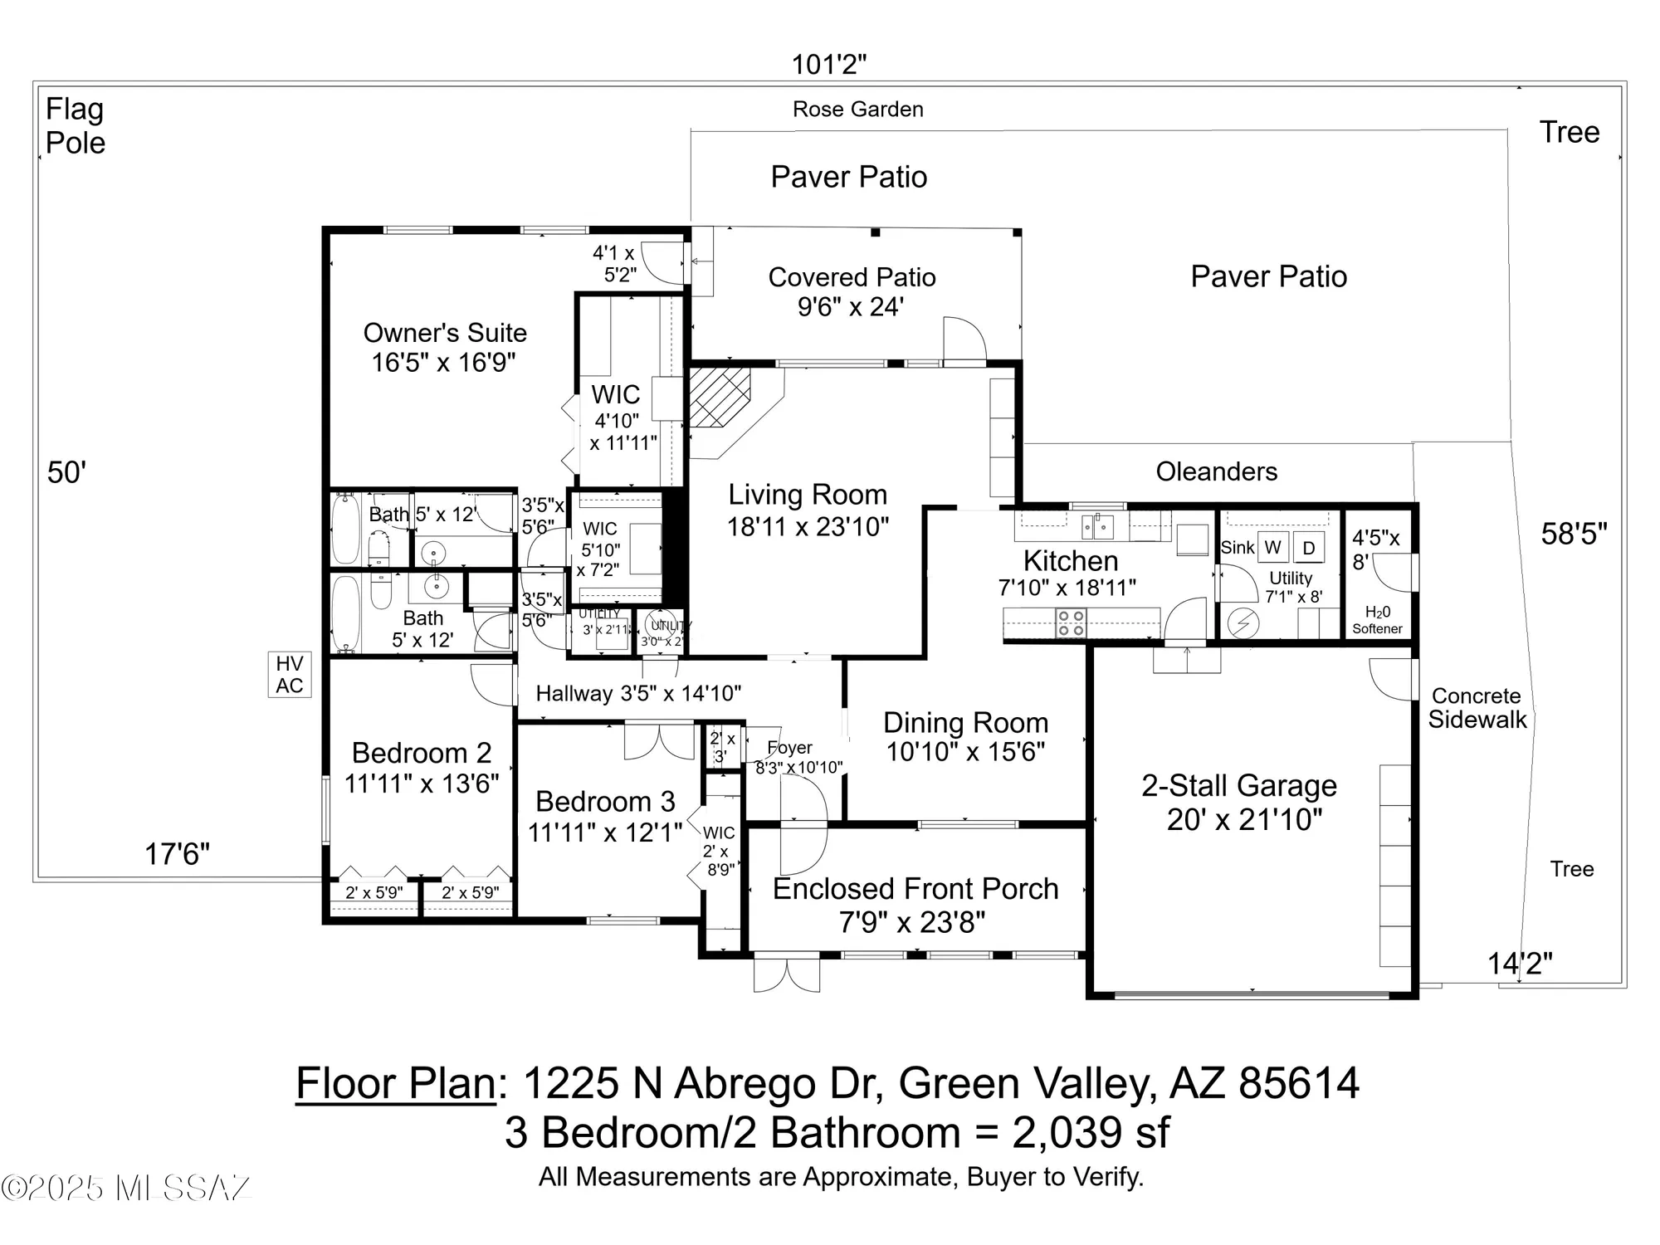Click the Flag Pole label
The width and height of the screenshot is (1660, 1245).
pos(75,125)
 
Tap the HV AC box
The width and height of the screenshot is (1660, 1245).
pos(289,674)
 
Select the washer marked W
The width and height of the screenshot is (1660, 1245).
pos(1272,547)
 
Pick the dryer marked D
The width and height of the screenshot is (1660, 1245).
pos(1309,548)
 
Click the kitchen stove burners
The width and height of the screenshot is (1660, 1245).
pos(1072,622)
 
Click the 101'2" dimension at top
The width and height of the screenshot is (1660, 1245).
pos(828,64)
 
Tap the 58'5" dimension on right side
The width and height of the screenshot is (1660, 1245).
pos(1574,534)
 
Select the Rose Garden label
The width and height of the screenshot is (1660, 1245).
pos(857,109)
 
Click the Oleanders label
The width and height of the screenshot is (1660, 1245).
pos(1216,471)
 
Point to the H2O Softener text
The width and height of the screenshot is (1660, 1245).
pos(1377,620)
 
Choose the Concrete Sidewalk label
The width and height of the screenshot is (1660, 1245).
pos(1477,708)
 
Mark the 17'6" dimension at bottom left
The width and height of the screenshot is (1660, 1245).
pos(177,853)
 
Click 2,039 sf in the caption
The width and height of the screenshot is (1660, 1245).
pos(1091,1132)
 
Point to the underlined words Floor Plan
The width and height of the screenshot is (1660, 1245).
pos(396,1083)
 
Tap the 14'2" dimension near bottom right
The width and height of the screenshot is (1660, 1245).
pos(1519,964)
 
